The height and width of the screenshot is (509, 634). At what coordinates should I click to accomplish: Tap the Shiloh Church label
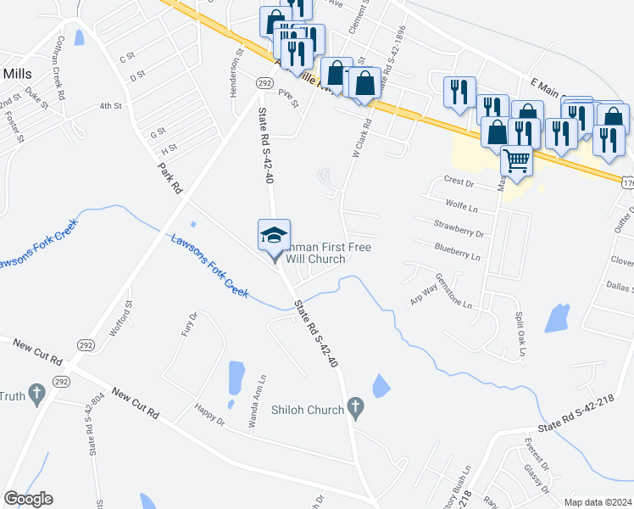pos(307,410)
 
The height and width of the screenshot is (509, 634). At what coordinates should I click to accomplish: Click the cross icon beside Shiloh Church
pos(356,410)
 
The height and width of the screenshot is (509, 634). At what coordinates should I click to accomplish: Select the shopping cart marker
pos(515,159)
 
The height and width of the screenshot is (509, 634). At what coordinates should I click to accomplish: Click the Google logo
pos(28,499)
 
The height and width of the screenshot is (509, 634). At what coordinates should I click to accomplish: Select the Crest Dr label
pos(458,182)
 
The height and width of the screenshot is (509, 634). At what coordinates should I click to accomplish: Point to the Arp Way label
pos(423,294)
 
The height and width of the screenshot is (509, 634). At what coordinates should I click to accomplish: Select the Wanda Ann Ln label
pos(251,401)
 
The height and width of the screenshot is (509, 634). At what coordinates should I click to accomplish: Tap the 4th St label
pos(110,106)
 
